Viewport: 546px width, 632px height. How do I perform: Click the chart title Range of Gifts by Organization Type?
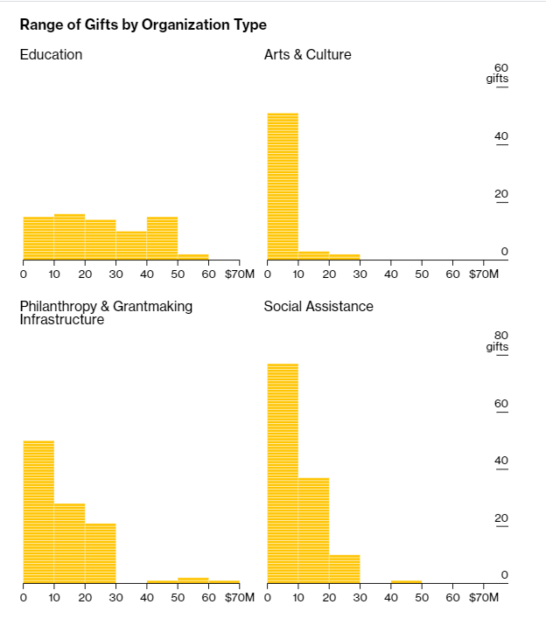[143, 24]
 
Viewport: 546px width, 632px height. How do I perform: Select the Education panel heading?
[51, 54]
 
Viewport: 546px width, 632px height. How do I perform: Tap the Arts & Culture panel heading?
[307, 54]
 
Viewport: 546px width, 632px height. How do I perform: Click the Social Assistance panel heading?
[318, 306]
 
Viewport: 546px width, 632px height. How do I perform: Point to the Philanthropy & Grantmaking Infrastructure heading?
[106, 312]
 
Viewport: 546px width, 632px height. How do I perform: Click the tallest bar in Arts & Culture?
[283, 186]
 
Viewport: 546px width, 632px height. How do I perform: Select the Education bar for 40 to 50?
[162, 238]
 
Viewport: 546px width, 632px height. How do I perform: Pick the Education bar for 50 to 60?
[193, 257]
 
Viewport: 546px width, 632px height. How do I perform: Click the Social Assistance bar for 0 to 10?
[283, 473]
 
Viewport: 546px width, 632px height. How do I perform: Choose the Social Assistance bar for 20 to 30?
[345, 568]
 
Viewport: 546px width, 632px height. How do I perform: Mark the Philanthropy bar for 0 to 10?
[38, 511]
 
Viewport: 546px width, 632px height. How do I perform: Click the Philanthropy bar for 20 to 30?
[101, 552]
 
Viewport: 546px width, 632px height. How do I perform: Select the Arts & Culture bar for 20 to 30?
[345, 257]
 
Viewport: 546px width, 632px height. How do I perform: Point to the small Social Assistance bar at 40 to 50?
[407, 581]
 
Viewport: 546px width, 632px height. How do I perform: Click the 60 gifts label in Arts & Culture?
[499, 73]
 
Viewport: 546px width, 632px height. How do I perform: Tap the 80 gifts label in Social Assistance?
[499, 340]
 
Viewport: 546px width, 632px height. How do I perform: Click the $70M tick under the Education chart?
[239, 274]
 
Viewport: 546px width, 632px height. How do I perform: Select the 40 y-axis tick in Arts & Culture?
[501, 135]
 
